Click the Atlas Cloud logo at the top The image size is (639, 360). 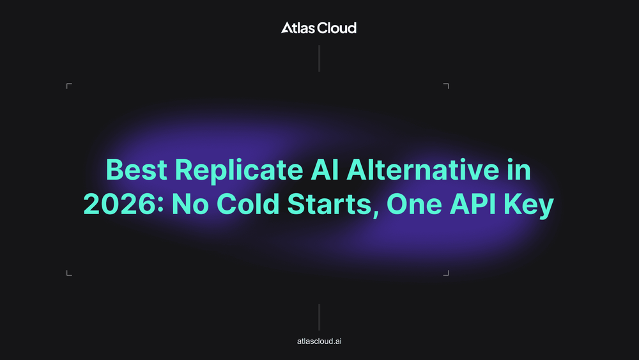[x=319, y=27]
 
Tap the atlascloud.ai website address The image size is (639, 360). [x=319, y=341]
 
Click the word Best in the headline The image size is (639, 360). [x=136, y=169]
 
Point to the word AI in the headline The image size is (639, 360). [x=325, y=169]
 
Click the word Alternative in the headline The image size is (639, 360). [x=423, y=169]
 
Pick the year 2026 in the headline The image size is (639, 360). [x=121, y=204]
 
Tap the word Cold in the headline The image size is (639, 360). [x=248, y=203]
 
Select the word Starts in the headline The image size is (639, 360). [x=331, y=205]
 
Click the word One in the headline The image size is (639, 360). [x=414, y=204]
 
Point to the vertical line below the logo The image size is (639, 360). [x=319, y=59]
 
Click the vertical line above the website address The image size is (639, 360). [x=319, y=317]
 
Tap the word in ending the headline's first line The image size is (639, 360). [x=519, y=169]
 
